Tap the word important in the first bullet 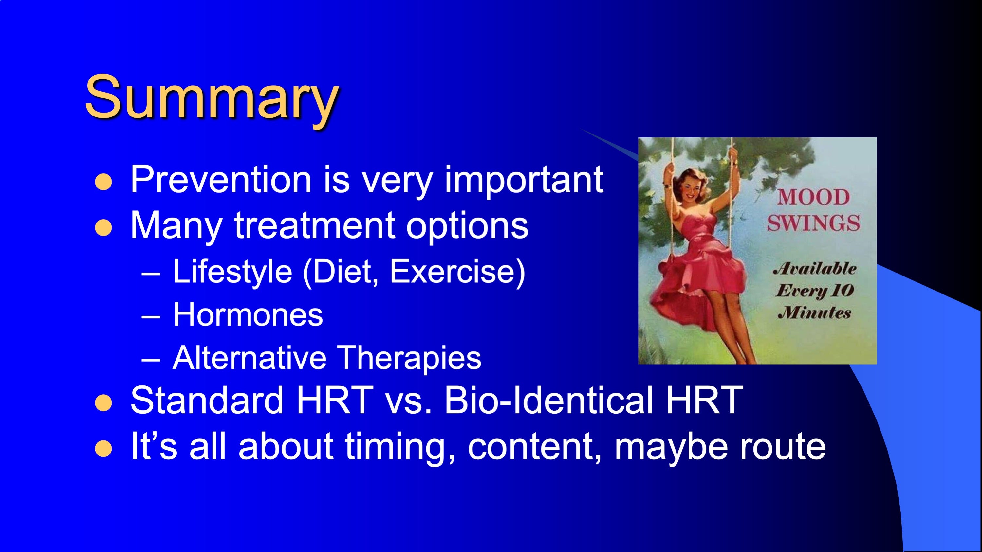point(524,180)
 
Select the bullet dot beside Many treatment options point(103,228)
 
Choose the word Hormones point(248,315)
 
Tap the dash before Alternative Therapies point(151,360)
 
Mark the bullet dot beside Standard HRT point(103,403)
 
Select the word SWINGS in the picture point(813,223)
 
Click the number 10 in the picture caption point(841,291)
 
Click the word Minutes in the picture point(814,313)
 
